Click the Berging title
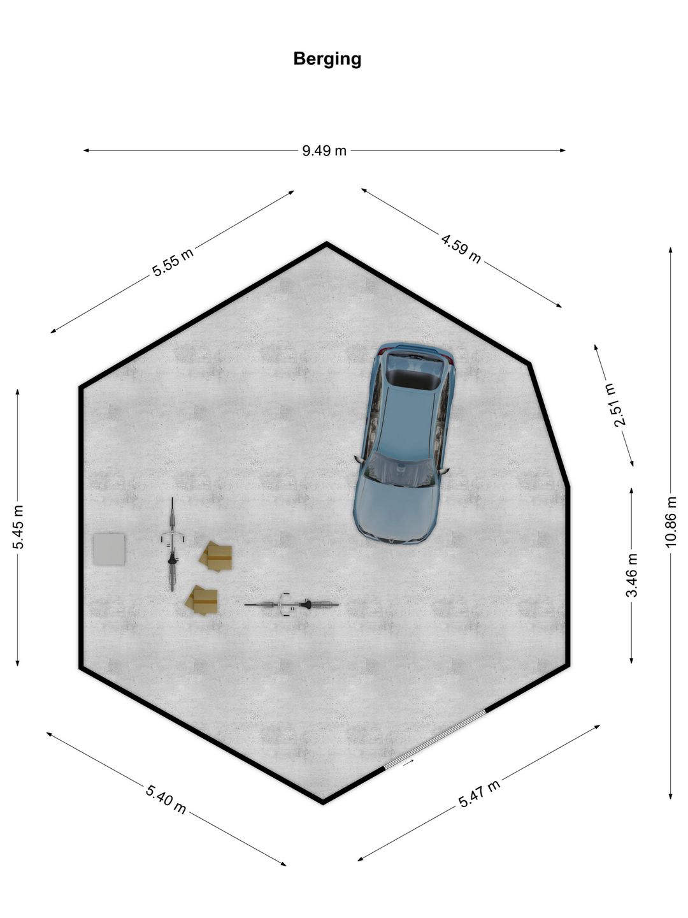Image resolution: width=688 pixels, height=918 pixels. click(327, 59)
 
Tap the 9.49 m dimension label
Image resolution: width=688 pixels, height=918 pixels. click(324, 150)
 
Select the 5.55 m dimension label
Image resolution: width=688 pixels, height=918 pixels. click(173, 262)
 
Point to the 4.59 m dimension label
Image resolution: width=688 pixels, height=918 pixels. click(461, 249)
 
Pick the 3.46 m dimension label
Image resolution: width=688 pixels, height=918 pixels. click(631, 575)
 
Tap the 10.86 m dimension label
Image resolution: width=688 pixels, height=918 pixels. click(670, 521)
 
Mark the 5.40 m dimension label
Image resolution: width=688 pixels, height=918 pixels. click(166, 799)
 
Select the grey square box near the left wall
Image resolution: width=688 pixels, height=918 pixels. click(109, 549)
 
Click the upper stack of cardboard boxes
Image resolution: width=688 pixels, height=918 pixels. click(215, 557)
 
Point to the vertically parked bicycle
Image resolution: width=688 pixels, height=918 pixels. click(172, 544)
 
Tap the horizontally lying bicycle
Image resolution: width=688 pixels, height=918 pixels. click(292, 605)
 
